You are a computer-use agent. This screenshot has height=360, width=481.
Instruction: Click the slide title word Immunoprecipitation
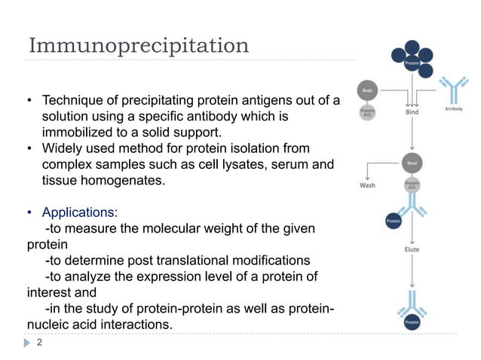(138, 45)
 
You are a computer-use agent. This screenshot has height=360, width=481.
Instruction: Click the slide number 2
(40, 342)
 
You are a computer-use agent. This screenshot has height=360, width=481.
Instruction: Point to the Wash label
(367, 184)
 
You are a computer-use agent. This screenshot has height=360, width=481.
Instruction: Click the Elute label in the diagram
(411, 249)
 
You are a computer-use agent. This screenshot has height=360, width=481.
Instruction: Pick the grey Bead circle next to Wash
(412, 162)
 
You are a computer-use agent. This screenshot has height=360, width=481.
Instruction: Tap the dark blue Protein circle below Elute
(412, 322)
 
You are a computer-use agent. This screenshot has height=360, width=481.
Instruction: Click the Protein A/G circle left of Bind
(367, 113)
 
